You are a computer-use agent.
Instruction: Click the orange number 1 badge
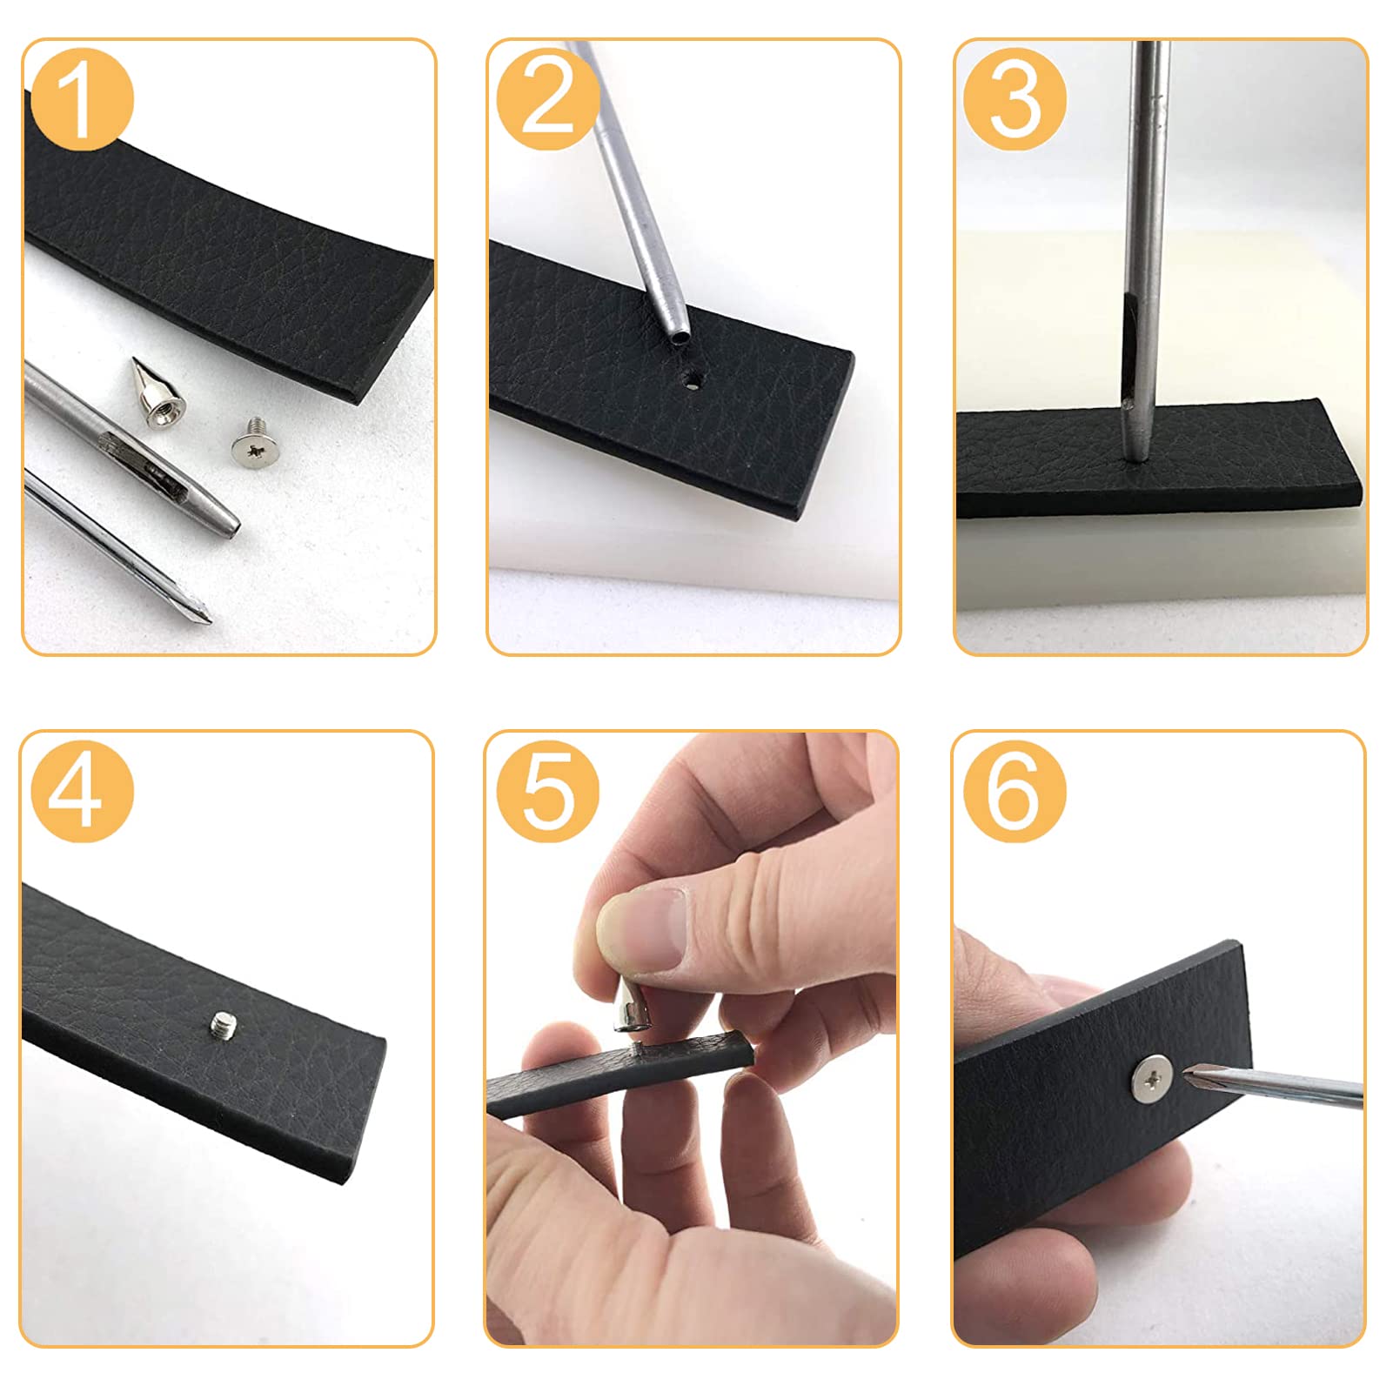tap(82, 100)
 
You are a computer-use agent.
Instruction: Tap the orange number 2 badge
tap(548, 100)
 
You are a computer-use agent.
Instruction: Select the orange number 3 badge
tap(1015, 100)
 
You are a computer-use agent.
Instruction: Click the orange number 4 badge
tap(82, 791)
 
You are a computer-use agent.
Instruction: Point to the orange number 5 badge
tap(548, 791)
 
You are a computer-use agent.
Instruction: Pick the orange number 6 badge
tap(1015, 791)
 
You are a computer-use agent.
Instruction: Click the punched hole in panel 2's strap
tap(693, 379)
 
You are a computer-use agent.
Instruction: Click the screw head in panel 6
tap(1152, 1079)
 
